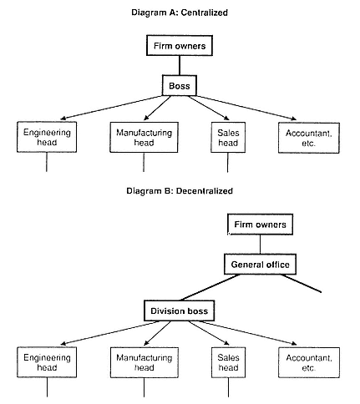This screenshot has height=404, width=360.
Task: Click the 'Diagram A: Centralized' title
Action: [180, 13]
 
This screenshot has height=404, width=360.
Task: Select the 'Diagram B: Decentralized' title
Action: [180, 191]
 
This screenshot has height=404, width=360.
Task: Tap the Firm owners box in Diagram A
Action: [180, 45]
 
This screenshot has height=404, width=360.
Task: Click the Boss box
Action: [180, 85]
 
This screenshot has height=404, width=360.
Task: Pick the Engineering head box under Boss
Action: [47, 137]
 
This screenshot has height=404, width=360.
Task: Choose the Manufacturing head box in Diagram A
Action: [144, 137]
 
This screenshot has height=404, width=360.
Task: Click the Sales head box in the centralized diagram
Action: [228, 138]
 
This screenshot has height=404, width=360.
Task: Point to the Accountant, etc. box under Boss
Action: [309, 138]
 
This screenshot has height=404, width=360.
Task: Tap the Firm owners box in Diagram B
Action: [261, 225]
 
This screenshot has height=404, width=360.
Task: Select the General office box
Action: [260, 264]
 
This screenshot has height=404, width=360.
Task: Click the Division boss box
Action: [180, 311]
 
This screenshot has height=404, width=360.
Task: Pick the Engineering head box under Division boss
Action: [47, 362]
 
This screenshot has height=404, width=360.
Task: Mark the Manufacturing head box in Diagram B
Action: [145, 362]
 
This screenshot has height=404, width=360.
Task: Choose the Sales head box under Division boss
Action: [228, 362]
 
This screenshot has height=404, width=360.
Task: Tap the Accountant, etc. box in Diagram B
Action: [309, 362]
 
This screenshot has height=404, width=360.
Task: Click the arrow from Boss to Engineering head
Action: [111, 108]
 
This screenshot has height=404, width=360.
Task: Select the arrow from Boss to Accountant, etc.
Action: [246, 108]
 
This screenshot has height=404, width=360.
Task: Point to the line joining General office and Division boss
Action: [210, 287]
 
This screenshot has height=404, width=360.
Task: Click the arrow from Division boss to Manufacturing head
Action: [157, 333]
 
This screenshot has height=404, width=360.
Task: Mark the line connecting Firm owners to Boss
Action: [180, 65]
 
